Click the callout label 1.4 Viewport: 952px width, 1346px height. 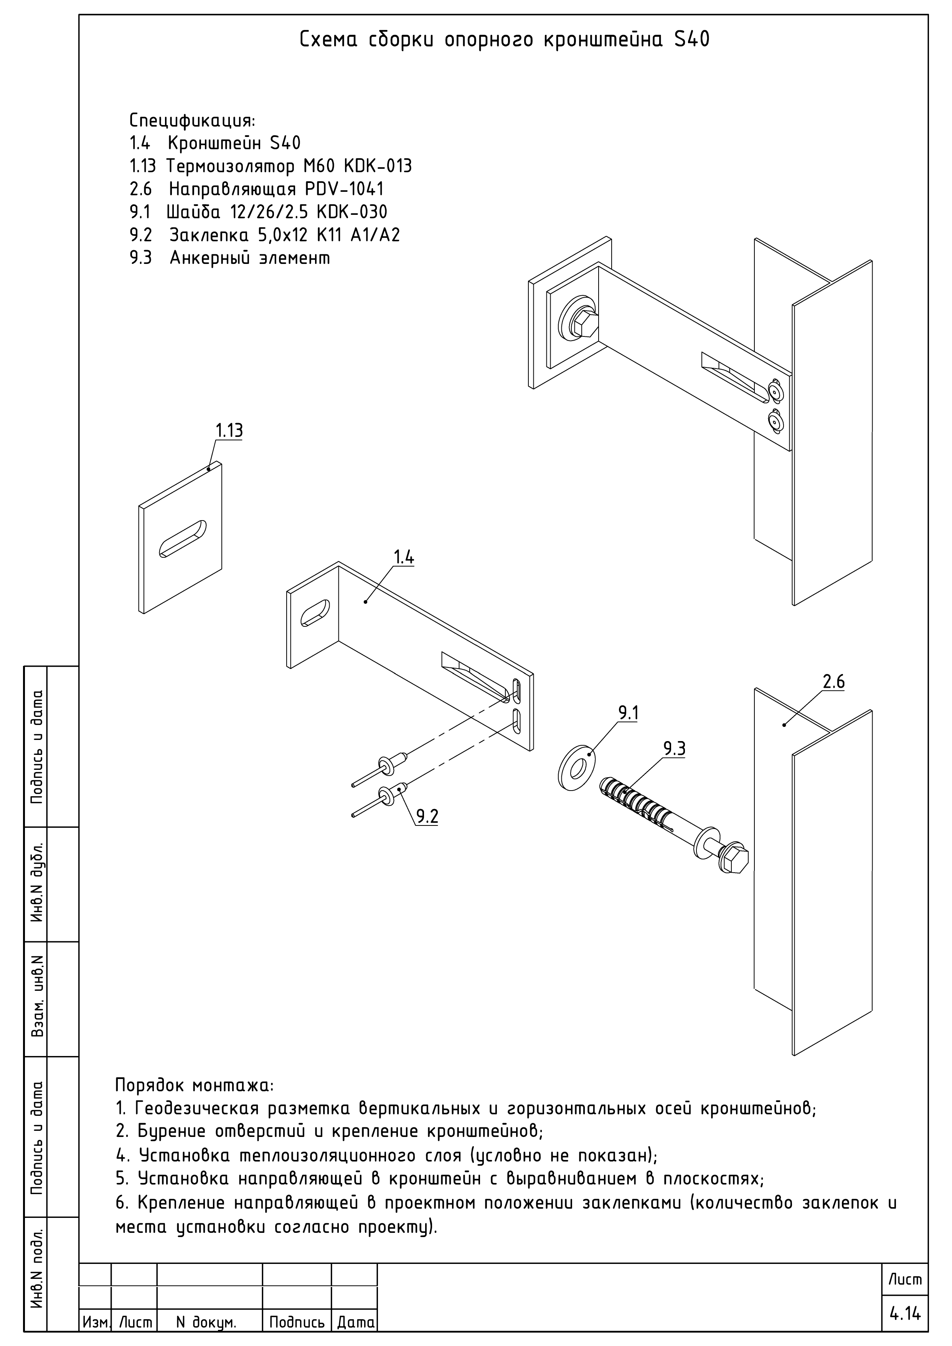404,557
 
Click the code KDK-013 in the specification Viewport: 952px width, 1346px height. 378,166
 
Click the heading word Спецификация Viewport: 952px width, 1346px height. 192,121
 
